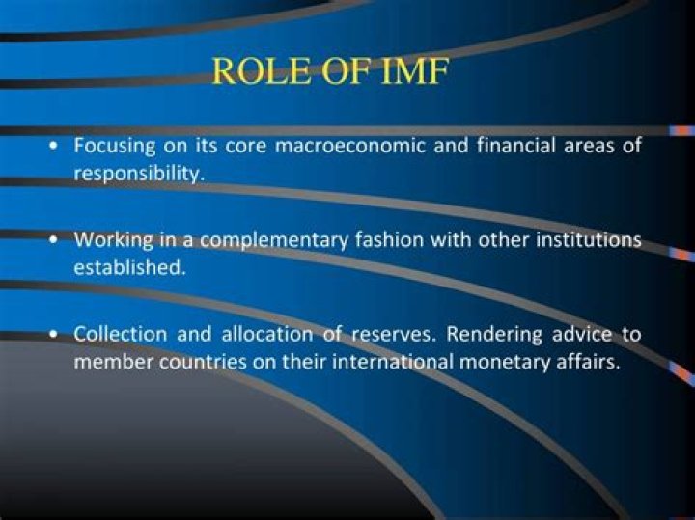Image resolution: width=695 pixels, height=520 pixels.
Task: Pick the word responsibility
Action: coord(139,175)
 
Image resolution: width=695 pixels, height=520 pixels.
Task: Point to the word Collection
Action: coord(121,335)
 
